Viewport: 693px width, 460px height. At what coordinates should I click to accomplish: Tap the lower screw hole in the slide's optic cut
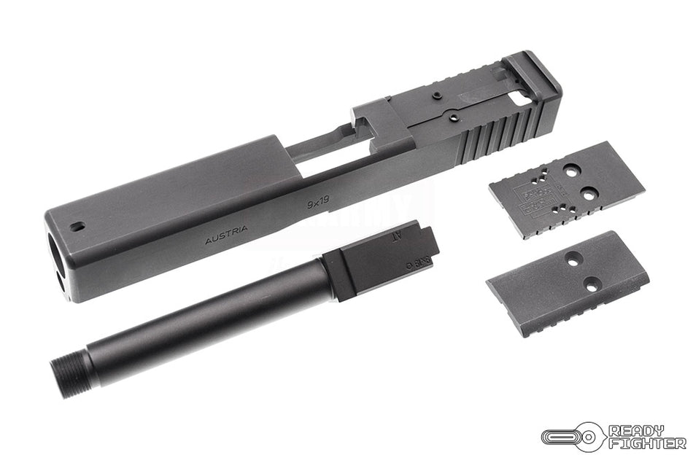pos(453,114)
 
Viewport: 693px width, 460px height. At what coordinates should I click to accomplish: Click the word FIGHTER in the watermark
pos(647,443)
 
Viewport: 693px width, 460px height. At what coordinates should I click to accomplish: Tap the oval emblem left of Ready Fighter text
pos(573,437)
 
